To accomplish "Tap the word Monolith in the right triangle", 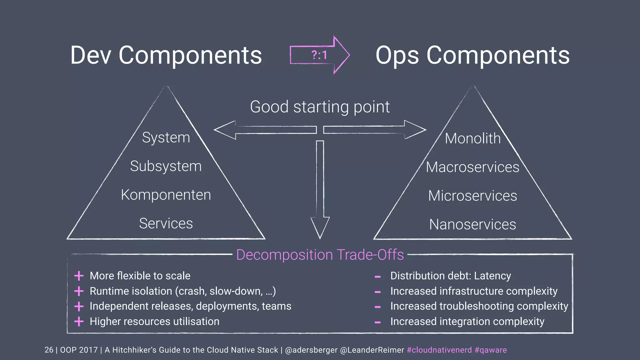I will tap(472, 138).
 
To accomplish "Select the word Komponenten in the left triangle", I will tap(166, 195).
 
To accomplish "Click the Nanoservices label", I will tap(472, 224).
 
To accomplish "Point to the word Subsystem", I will tap(166, 166).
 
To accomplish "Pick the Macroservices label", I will tap(472, 167).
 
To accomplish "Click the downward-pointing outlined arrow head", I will tap(320, 227).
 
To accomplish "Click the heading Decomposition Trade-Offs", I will tap(320, 255).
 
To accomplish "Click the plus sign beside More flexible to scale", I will tap(79, 276).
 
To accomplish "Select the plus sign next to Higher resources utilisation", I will tap(79, 321).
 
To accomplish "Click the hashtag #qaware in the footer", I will tap(491, 350).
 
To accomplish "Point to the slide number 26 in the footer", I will tap(49, 350).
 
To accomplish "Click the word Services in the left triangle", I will tap(166, 223).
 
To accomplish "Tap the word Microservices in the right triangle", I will tap(472, 196).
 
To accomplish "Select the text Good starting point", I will tap(320, 107).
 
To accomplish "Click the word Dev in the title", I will tap(91, 55).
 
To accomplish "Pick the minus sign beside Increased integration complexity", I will tap(377, 322).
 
